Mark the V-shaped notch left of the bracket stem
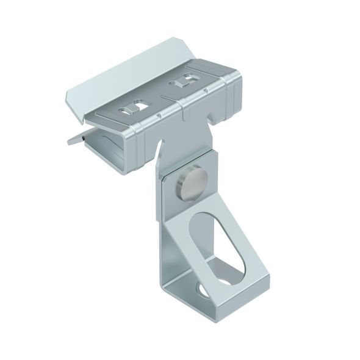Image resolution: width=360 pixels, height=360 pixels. coord(159,146)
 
